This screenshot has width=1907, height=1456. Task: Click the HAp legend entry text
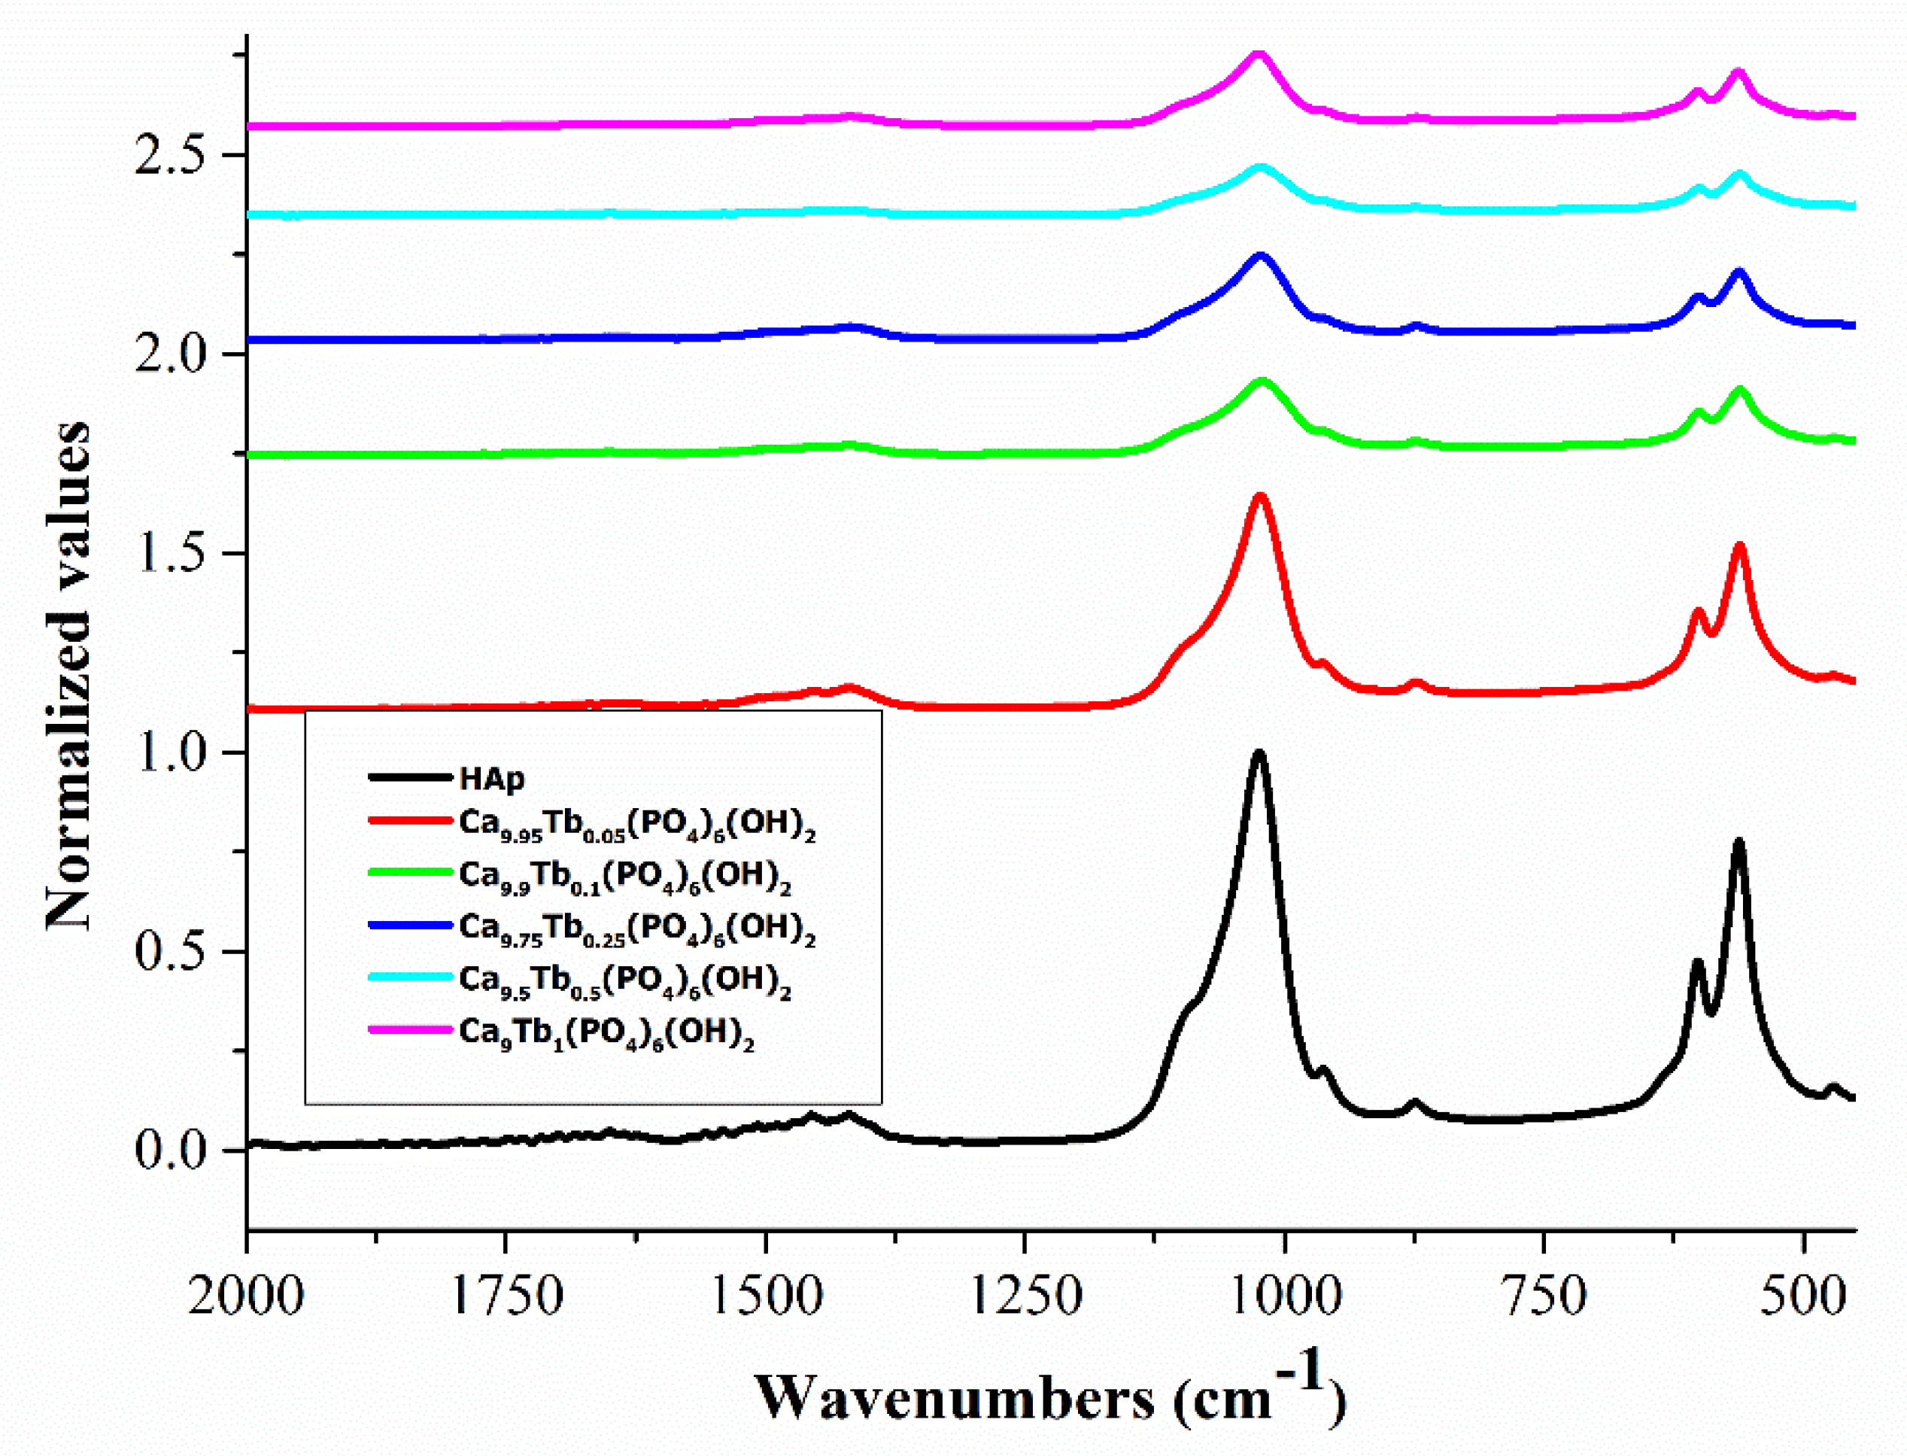point(491,778)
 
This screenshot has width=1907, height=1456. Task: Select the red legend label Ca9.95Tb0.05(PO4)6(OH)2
point(637,824)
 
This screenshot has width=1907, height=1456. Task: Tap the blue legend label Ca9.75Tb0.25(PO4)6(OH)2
point(637,929)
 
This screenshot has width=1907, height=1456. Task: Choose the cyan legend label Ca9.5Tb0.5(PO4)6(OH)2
point(624,980)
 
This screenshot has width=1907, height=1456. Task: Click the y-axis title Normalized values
point(68,676)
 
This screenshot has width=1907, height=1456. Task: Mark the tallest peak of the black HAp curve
point(1259,752)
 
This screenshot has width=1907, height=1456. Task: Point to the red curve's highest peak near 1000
point(1260,497)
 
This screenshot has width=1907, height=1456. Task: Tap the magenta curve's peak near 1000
point(1259,55)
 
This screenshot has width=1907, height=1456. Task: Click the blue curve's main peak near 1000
point(1260,256)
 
